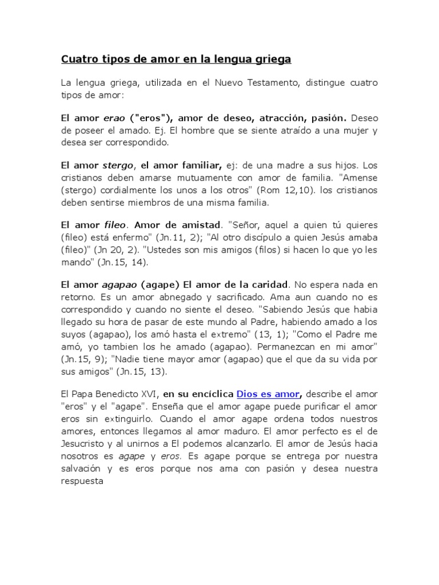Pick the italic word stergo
click(x=117, y=166)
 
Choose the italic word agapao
click(x=119, y=285)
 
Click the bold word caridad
click(x=268, y=285)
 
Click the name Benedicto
click(x=120, y=394)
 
